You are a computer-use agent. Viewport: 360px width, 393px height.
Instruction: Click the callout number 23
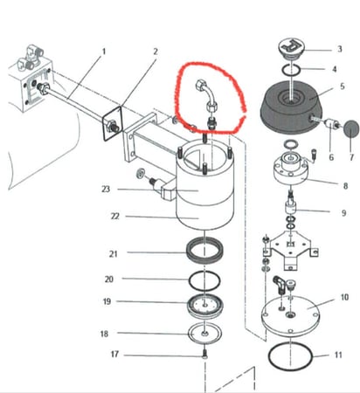click(106, 190)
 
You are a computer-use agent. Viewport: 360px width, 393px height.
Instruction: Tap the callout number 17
click(114, 355)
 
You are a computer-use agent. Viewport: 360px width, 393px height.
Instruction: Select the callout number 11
click(338, 355)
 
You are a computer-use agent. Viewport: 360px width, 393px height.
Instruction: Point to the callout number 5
click(343, 86)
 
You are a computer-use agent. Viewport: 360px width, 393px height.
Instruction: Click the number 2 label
click(156, 52)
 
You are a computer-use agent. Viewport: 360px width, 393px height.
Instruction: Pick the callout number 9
click(343, 213)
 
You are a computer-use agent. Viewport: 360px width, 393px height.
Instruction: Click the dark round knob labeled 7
click(351, 129)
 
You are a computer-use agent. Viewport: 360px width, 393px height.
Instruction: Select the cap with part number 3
click(292, 49)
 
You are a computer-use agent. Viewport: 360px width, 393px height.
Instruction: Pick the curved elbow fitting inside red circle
click(205, 93)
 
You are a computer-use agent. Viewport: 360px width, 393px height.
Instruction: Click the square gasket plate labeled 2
click(112, 124)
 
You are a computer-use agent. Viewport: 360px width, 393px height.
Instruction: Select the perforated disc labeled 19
click(205, 307)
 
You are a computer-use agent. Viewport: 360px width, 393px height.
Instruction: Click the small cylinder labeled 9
click(290, 207)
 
